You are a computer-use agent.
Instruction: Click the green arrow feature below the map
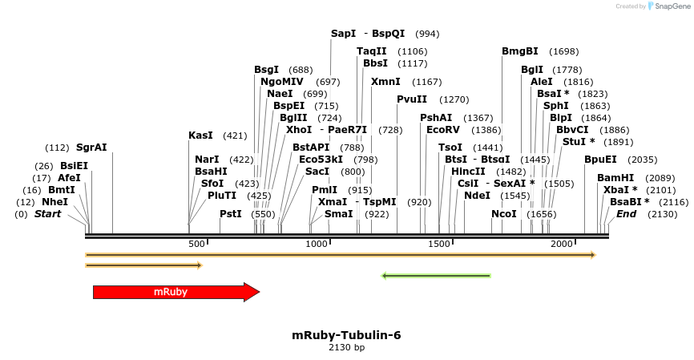point(436,276)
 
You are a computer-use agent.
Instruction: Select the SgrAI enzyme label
point(91,148)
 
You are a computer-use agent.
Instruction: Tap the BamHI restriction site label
point(615,178)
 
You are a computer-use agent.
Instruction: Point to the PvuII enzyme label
point(412,99)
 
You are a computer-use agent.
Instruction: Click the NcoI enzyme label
point(504,214)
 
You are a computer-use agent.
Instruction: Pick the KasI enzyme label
point(200,136)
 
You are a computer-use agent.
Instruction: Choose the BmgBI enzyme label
point(520,51)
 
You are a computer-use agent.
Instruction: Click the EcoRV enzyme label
point(443,129)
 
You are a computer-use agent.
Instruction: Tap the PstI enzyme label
point(231,214)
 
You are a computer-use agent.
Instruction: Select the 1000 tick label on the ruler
point(317,244)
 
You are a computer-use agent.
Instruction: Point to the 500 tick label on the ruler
point(196,244)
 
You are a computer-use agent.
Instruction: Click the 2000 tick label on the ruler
point(562,244)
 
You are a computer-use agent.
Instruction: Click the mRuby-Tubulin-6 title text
point(346,334)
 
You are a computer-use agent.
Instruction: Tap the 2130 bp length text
point(346,348)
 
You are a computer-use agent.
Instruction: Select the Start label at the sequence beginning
point(47,214)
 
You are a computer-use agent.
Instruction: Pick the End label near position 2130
point(627,214)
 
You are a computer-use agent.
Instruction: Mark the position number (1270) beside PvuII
point(454,99)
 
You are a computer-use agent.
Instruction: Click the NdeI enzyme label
point(477,196)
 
